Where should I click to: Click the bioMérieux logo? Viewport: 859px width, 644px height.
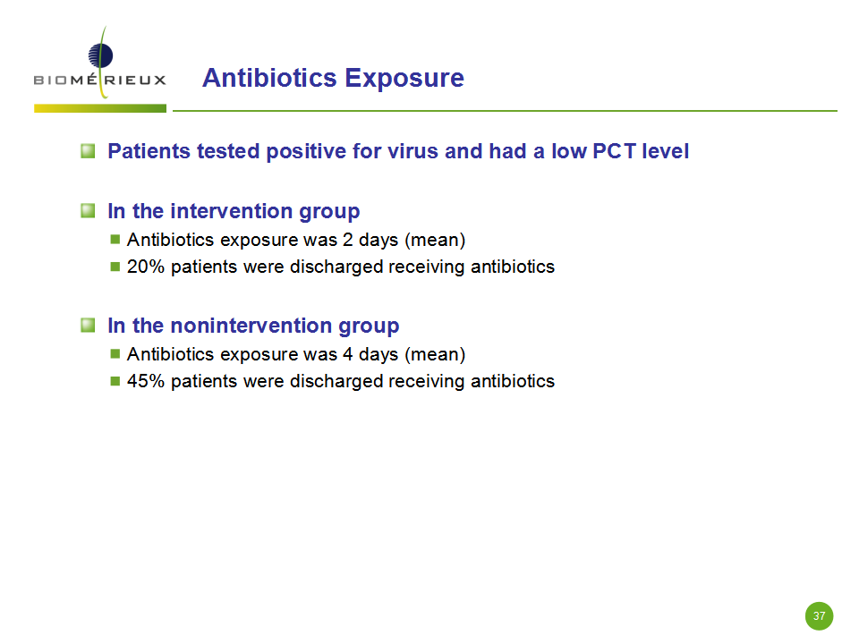pos(99,63)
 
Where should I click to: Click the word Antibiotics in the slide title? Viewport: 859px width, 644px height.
pos(269,78)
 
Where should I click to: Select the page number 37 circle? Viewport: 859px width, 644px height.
pos(819,616)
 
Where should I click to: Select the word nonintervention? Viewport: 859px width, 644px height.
pos(251,326)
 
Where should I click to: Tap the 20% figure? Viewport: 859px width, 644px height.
pos(146,267)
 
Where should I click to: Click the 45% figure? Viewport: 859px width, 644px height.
pos(146,381)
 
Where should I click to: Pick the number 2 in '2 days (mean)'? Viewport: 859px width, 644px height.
pos(348,240)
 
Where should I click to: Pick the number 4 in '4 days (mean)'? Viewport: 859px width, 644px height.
pos(348,354)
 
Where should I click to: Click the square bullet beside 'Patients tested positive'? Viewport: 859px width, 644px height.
pos(88,150)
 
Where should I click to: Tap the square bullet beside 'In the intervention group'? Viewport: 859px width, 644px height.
pos(88,210)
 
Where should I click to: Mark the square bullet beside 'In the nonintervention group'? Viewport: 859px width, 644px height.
pos(88,326)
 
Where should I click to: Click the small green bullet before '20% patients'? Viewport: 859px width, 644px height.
pos(115,267)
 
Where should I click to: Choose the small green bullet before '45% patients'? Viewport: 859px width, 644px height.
pos(115,381)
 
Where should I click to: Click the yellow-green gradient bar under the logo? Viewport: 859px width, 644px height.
pos(100,108)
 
